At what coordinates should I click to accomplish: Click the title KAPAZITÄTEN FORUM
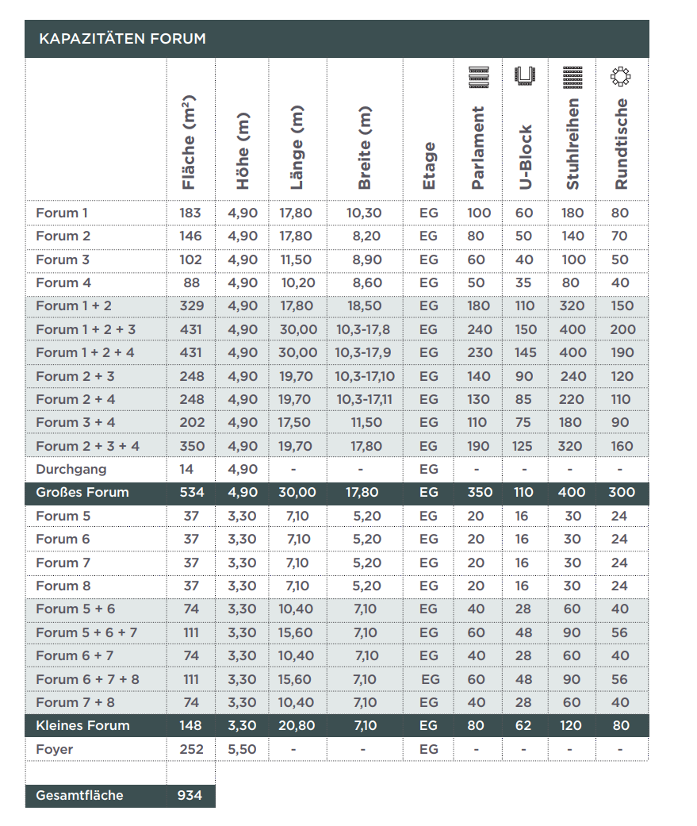pyautogui.click(x=122, y=39)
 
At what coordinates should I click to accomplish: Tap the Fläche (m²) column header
pyautogui.click(x=189, y=143)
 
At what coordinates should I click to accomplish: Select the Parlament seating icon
pyautogui.click(x=478, y=76)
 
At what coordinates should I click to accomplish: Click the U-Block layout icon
pyautogui.click(x=526, y=76)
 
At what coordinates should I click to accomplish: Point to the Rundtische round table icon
pyautogui.click(x=621, y=76)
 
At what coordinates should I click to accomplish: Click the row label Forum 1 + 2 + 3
pyautogui.click(x=86, y=329)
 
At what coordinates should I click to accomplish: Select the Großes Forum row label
pyautogui.click(x=82, y=493)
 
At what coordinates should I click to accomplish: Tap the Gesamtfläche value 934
pyautogui.click(x=190, y=796)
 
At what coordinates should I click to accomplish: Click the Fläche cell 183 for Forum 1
pyautogui.click(x=190, y=213)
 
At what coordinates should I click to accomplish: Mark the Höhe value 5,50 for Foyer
pyautogui.click(x=243, y=749)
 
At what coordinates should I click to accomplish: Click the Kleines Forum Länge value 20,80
pyautogui.click(x=297, y=726)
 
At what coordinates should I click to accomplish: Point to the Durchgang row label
pyautogui.click(x=71, y=469)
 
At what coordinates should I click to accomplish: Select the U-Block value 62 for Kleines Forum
pyautogui.click(x=523, y=726)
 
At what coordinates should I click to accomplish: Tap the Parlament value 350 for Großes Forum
pyautogui.click(x=479, y=493)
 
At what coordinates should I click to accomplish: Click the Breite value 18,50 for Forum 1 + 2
pyautogui.click(x=364, y=306)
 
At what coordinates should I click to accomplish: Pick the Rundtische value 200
pyautogui.click(x=622, y=329)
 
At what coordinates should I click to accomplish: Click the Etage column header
pyautogui.click(x=429, y=165)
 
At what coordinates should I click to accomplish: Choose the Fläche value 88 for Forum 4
pyautogui.click(x=191, y=282)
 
